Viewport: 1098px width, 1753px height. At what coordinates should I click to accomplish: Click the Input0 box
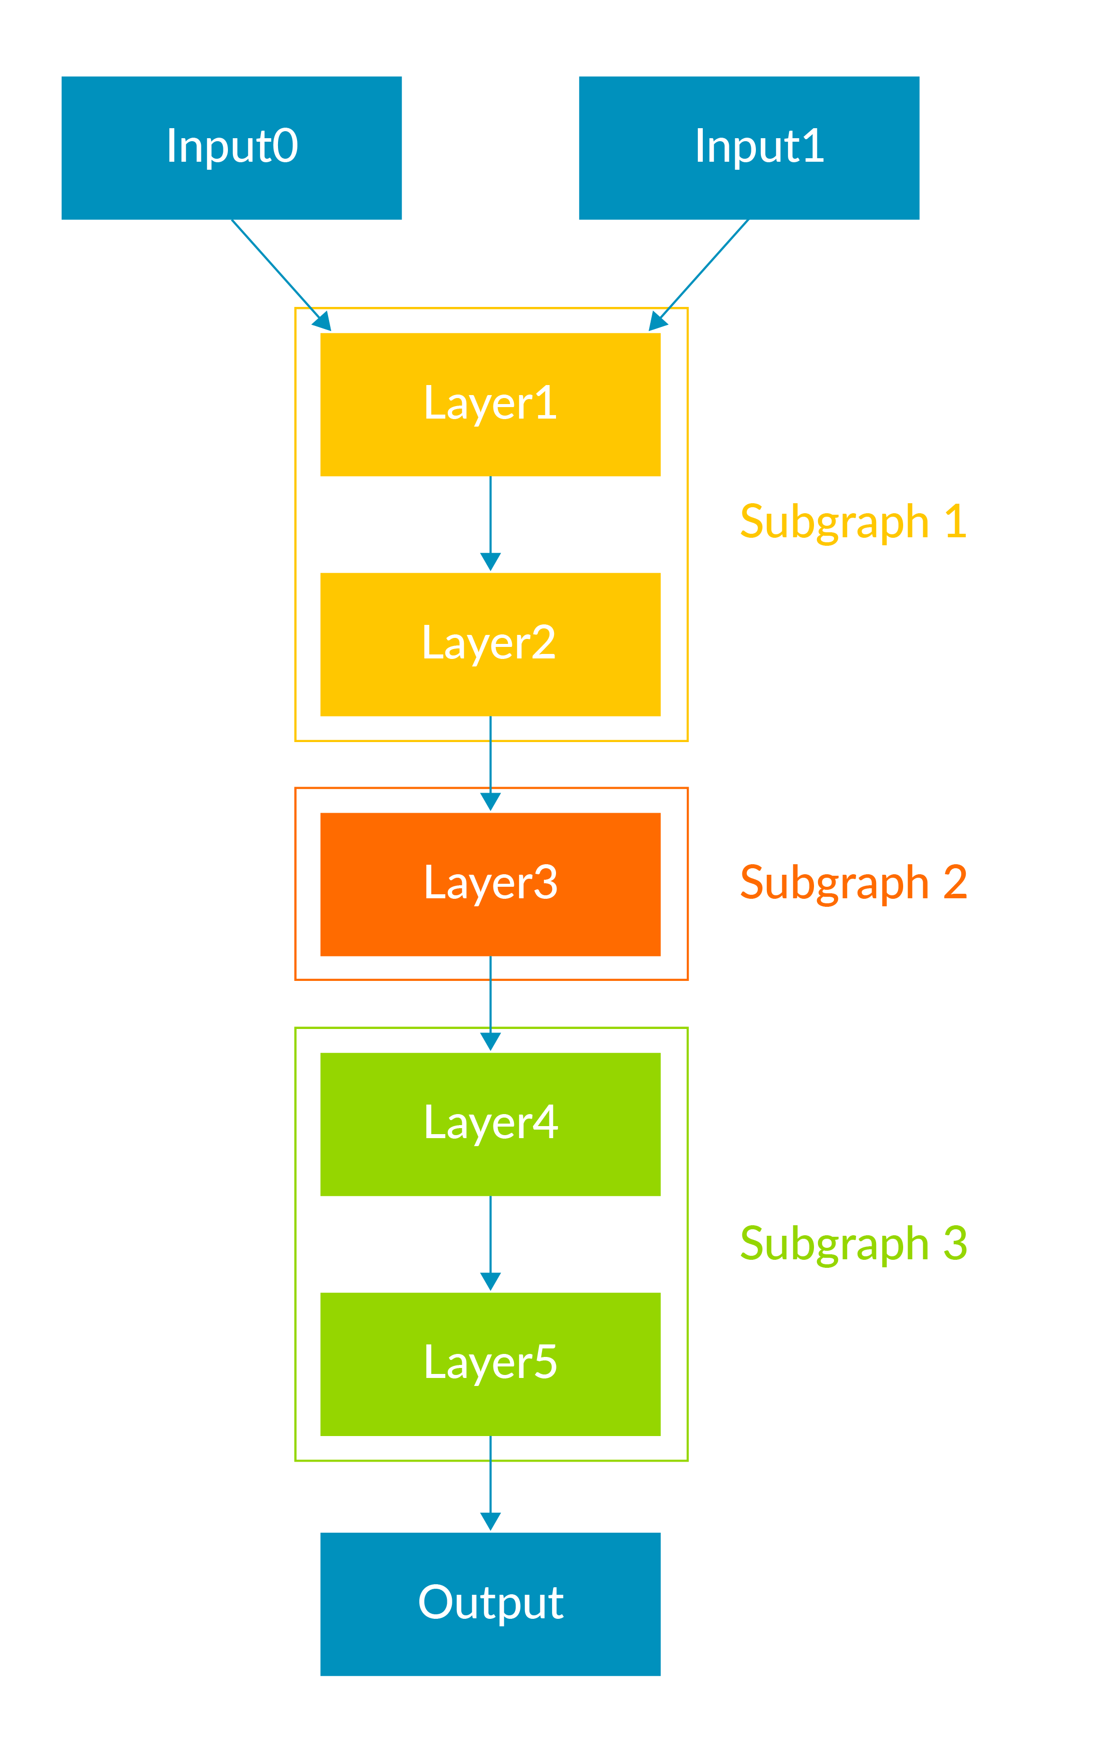tap(231, 147)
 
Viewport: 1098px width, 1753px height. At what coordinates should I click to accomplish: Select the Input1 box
tap(749, 147)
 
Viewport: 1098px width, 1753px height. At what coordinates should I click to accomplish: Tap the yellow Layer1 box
tap(490, 404)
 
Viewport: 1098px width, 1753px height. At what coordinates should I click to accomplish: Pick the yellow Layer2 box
tap(490, 644)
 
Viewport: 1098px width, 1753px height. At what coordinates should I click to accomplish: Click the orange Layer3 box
tap(490, 884)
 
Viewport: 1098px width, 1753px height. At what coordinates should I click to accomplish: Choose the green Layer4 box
tap(490, 1124)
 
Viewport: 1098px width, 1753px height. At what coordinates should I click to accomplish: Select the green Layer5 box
tap(490, 1364)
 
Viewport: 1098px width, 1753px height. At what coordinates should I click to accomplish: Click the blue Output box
tap(490, 1603)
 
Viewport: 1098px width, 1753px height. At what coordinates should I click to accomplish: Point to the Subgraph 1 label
tap(853, 522)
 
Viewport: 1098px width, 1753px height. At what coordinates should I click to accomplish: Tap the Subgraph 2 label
tap(853, 883)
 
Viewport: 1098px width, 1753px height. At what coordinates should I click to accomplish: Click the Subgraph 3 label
tap(853, 1243)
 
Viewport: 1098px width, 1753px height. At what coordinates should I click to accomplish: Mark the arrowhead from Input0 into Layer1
tap(323, 321)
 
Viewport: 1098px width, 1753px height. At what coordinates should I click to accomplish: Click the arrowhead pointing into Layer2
tap(490, 561)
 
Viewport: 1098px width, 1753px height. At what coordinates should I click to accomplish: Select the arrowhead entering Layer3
tap(490, 801)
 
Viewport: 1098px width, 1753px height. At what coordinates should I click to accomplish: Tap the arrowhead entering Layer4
tap(490, 1041)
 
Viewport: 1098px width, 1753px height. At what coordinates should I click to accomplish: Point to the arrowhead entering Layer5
tap(490, 1281)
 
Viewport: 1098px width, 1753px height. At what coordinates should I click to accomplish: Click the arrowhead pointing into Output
tap(490, 1521)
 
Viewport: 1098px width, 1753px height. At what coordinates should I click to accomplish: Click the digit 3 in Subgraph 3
tap(955, 1243)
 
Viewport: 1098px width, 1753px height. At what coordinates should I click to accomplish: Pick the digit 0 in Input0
tap(285, 145)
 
